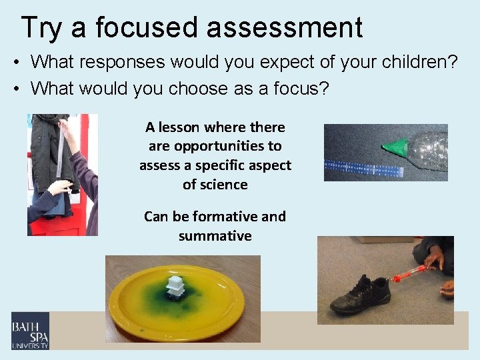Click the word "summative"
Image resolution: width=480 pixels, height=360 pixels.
point(215,236)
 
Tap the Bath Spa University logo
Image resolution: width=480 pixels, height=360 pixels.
point(30,331)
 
